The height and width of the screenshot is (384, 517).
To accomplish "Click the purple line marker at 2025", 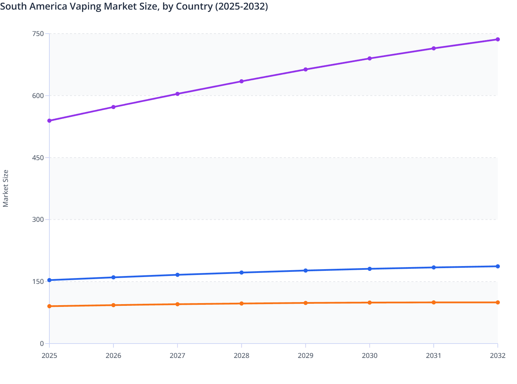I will pyautogui.click(x=49, y=121).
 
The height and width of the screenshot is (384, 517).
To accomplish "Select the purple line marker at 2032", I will pyautogui.click(x=498, y=39).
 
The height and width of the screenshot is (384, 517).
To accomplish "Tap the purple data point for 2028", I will pyautogui.click(x=241, y=81).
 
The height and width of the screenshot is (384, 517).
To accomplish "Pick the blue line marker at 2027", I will pyautogui.click(x=178, y=275).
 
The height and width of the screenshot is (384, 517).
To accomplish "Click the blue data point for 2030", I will pyautogui.click(x=370, y=269).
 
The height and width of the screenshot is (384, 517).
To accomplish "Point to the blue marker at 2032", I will pyautogui.click(x=498, y=266).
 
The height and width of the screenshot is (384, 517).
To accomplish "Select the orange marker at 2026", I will pyautogui.click(x=113, y=305).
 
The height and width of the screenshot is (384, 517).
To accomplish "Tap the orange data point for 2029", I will pyautogui.click(x=305, y=303).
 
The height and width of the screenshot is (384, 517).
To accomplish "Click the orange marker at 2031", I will pyautogui.click(x=434, y=302).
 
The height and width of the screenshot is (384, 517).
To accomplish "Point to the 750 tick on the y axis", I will pyautogui.click(x=38, y=34).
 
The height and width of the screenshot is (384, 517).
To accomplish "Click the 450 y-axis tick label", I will pyautogui.click(x=38, y=158).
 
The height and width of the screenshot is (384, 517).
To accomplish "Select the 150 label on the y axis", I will pyautogui.click(x=38, y=281).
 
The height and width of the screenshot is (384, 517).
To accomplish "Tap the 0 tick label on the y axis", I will pyautogui.click(x=42, y=344).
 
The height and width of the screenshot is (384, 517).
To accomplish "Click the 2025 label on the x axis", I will pyautogui.click(x=49, y=356).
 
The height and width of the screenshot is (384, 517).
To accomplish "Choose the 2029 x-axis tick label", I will pyautogui.click(x=305, y=356).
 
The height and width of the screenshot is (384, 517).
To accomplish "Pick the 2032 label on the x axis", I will pyautogui.click(x=498, y=356).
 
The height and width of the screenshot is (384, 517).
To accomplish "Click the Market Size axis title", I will pyautogui.click(x=5, y=189).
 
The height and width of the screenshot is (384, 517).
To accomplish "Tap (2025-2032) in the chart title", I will pyautogui.click(x=241, y=7).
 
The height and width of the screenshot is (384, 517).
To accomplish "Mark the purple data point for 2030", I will pyautogui.click(x=370, y=58).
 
